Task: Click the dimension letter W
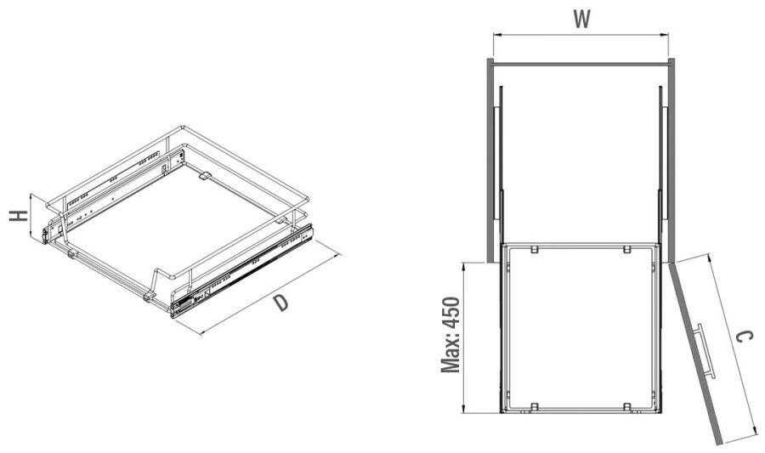click(x=581, y=19)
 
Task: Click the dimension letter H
click(x=19, y=216)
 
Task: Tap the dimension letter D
click(x=280, y=303)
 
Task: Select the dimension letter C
click(x=744, y=337)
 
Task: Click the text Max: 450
click(x=450, y=335)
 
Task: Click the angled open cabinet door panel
click(x=695, y=354)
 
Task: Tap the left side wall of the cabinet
click(x=490, y=161)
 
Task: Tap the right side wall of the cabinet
click(x=671, y=161)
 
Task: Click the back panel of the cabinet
click(x=581, y=64)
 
